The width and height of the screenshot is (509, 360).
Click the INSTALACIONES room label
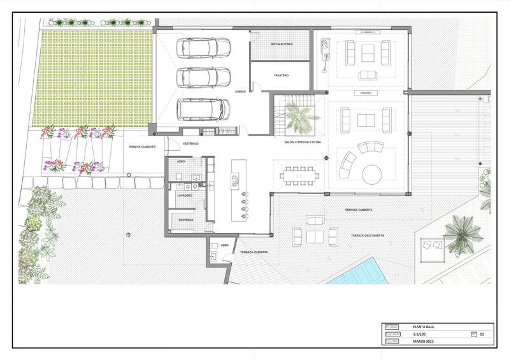[281, 44]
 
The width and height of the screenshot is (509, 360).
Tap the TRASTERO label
[281, 75]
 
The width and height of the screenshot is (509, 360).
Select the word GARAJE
[241, 91]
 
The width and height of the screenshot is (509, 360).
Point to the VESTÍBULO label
[191, 143]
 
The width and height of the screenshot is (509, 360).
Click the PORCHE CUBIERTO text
[143, 147]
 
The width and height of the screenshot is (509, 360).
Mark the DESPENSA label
[186, 219]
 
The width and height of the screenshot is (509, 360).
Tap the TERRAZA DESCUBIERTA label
[367, 236]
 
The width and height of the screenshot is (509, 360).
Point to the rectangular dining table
[298, 173]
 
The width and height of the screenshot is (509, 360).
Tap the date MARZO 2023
[424, 342]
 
